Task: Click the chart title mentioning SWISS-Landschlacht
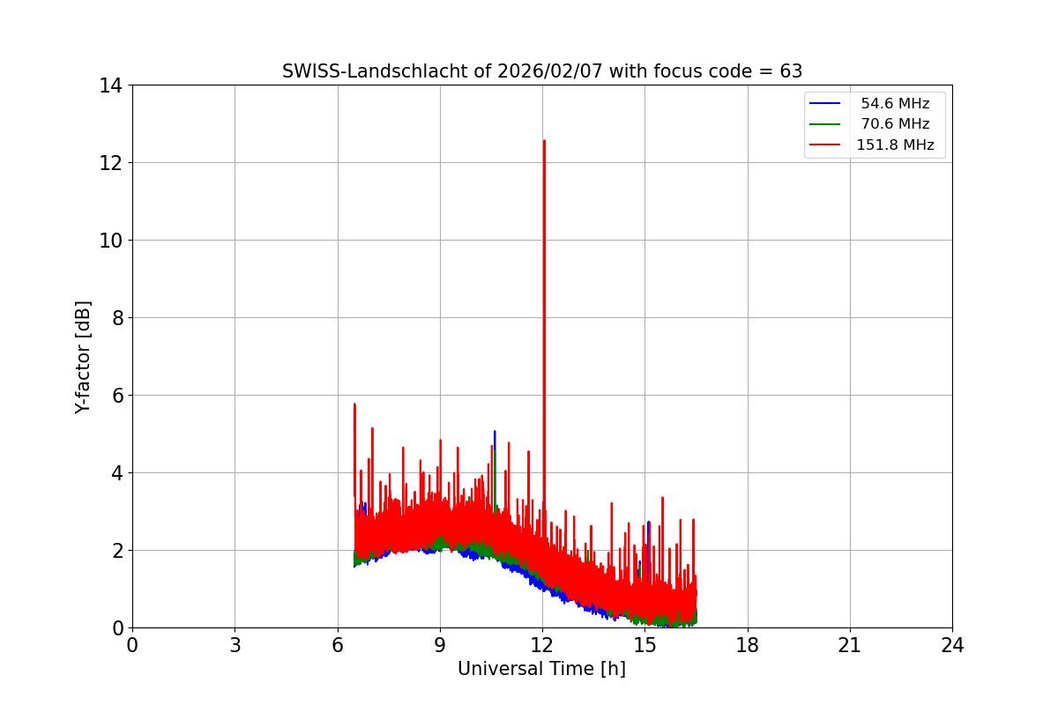click(541, 71)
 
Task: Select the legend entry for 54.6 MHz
click(895, 104)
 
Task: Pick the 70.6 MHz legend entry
click(895, 124)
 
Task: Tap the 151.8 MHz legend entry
click(895, 145)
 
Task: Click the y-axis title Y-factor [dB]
click(83, 357)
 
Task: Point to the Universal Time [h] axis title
click(541, 669)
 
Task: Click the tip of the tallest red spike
click(544, 141)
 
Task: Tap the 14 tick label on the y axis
click(110, 85)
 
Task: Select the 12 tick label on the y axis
click(110, 163)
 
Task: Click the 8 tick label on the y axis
click(115, 318)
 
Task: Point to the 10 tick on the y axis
click(110, 241)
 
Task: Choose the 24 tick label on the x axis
click(952, 645)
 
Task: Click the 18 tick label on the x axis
click(748, 645)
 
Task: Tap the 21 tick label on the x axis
click(850, 645)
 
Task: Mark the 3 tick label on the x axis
click(235, 645)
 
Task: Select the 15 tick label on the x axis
click(644, 645)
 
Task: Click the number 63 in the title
click(791, 71)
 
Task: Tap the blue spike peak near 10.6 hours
click(495, 432)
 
